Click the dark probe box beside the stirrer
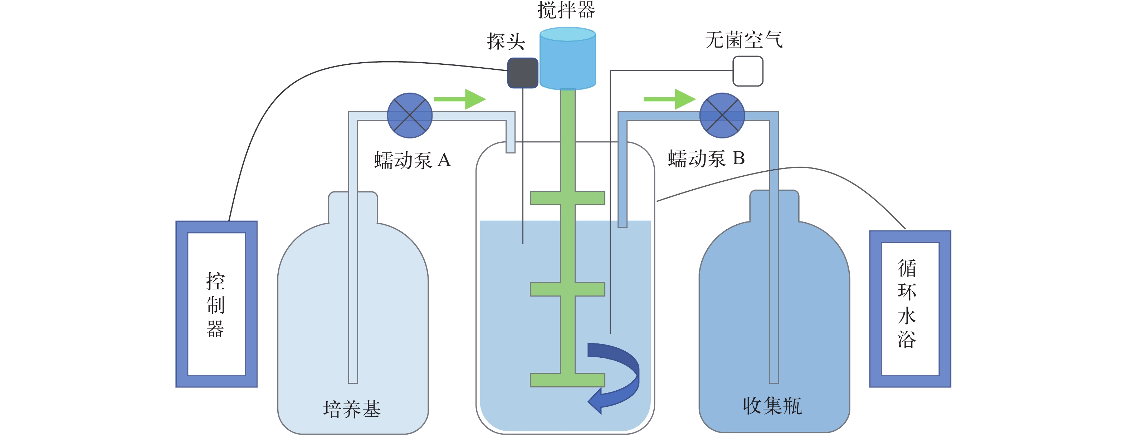pyautogui.click(x=522, y=73)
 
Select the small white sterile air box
pyautogui.click(x=748, y=71)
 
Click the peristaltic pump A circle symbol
pyautogui.click(x=410, y=116)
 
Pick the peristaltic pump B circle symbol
pyautogui.click(x=722, y=116)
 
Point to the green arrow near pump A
pyautogui.click(x=459, y=99)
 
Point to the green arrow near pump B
pyautogui.click(x=669, y=99)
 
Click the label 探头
pyautogui.click(x=506, y=42)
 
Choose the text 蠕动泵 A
pyautogui.click(x=412, y=160)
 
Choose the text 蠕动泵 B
pyautogui.click(x=706, y=158)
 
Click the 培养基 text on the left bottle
pyautogui.click(x=352, y=409)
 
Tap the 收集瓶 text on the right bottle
pyautogui.click(x=772, y=406)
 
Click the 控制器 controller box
pyautogui.click(x=216, y=304)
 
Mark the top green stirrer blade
pyautogui.click(x=567, y=198)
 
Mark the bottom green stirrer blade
pyautogui.click(x=567, y=380)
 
